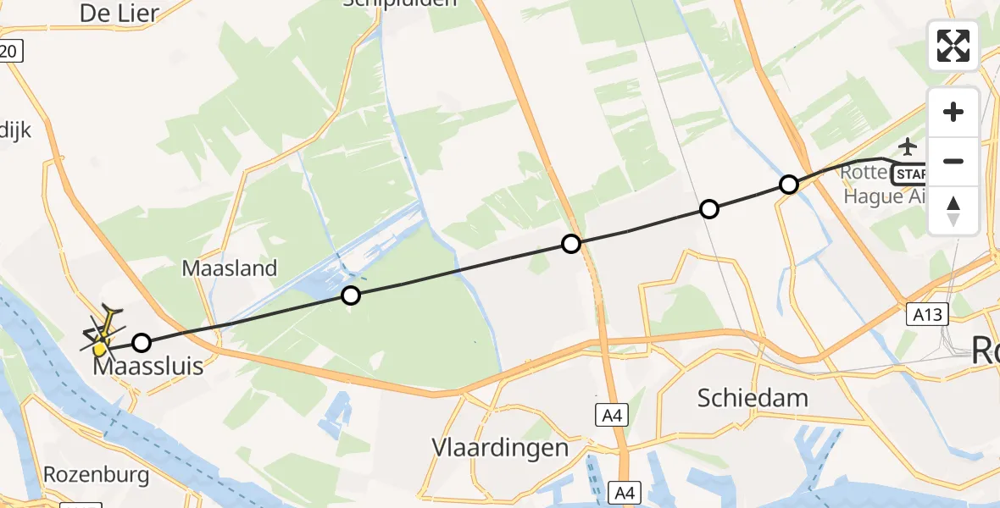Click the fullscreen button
coord(953,46)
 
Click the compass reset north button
coord(953,211)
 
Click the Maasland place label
coord(230,269)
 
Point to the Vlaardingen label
coord(499,447)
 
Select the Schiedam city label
coord(753,397)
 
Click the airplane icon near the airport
coord(908,146)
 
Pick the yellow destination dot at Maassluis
coord(101,349)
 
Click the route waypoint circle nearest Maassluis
coord(142,343)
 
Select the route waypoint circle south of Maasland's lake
coord(350,295)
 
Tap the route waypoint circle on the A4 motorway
coord(571,245)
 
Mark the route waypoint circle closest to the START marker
coord(789,185)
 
